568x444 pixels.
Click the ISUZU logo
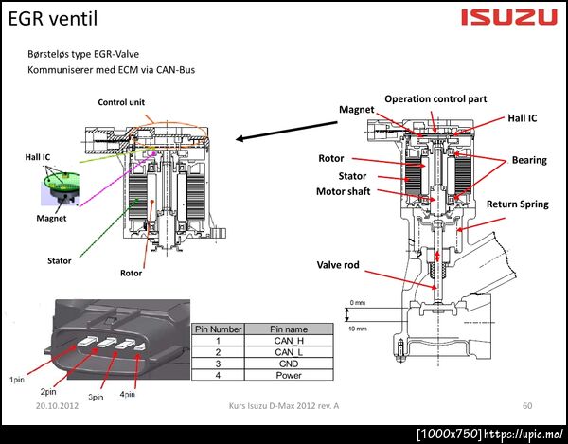point(509,17)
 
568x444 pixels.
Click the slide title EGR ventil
point(53,19)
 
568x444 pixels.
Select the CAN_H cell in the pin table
point(289,341)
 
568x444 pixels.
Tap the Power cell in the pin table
point(289,375)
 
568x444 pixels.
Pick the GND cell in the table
point(289,364)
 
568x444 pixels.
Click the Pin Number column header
point(218,329)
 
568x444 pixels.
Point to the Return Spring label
point(517,204)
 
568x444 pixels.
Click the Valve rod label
point(338,265)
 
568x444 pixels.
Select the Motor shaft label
point(344,191)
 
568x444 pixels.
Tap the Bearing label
point(529,160)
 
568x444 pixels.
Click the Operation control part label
point(435,98)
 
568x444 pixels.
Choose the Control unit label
point(121,102)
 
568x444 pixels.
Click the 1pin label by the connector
point(17,380)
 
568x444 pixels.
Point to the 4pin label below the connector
point(128,394)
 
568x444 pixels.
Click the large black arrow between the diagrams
point(287,131)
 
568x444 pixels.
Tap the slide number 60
point(527,405)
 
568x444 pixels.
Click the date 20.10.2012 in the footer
point(57,405)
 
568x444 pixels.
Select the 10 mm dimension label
point(358,329)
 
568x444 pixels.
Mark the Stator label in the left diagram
point(60,260)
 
